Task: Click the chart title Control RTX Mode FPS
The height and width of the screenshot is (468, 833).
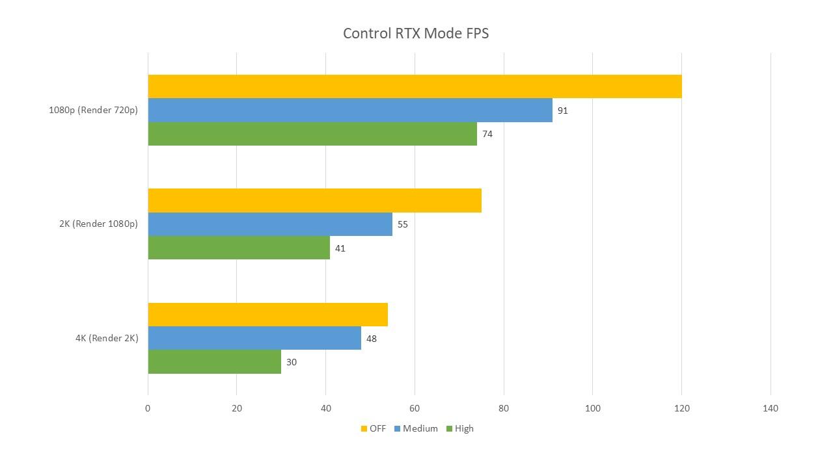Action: tap(416, 33)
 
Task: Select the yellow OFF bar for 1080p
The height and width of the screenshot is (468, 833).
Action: tap(415, 86)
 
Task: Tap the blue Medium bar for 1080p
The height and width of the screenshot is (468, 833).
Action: tap(350, 110)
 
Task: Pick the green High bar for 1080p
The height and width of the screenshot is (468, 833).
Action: tap(312, 134)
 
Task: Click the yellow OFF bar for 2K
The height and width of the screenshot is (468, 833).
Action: tap(314, 200)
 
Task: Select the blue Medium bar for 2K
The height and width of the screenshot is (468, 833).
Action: tap(270, 224)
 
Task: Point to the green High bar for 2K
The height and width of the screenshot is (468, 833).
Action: tap(239, 248)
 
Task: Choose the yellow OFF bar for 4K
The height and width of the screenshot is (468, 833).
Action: tap(267, 315)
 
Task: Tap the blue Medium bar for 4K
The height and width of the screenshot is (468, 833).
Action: tap(254, 338)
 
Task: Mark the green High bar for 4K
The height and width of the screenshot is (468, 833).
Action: tap(214, 362)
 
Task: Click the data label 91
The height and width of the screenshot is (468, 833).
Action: tap(562, 110)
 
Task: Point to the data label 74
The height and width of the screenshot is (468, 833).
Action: tap(487, 135)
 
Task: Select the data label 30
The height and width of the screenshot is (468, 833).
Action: tap(291, 362)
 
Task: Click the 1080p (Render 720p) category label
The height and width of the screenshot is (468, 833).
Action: tap(93, 110)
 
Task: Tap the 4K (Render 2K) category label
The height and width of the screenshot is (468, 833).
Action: tap(107, 338)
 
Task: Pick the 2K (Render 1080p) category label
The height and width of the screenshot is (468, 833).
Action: tap(98, 224)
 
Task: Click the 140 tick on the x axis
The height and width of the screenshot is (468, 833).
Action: tap(771, 408)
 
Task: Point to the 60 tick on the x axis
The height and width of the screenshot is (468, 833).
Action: tap(415, 408)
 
